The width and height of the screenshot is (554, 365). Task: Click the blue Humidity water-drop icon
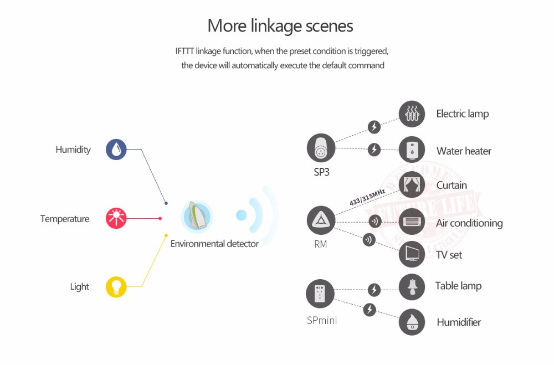(116, 150)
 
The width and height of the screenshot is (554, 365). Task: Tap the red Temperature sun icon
(116, 218)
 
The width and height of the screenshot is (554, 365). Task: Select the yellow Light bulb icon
(116, 286)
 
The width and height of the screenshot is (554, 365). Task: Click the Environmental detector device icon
(197, 216)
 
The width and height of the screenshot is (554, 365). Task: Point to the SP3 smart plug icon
(321, 148)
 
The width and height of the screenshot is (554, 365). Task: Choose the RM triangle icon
(321, 220)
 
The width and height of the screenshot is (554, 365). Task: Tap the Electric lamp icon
(412, 114)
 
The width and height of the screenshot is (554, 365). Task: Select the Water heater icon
(412, 150)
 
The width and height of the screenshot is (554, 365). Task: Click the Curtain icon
(412, 185)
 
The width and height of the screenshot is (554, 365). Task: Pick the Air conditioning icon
(412, 221)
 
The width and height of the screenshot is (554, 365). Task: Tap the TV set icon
(412, 254)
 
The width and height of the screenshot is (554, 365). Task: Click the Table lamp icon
(412, 286)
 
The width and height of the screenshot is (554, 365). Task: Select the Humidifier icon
(412, 322)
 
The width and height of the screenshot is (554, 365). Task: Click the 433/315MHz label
(367, 197)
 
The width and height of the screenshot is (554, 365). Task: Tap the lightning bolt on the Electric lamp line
(375, 127)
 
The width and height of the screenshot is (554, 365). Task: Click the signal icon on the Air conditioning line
(375, 222)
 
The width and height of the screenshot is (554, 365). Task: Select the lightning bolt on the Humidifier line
(370, 310)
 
